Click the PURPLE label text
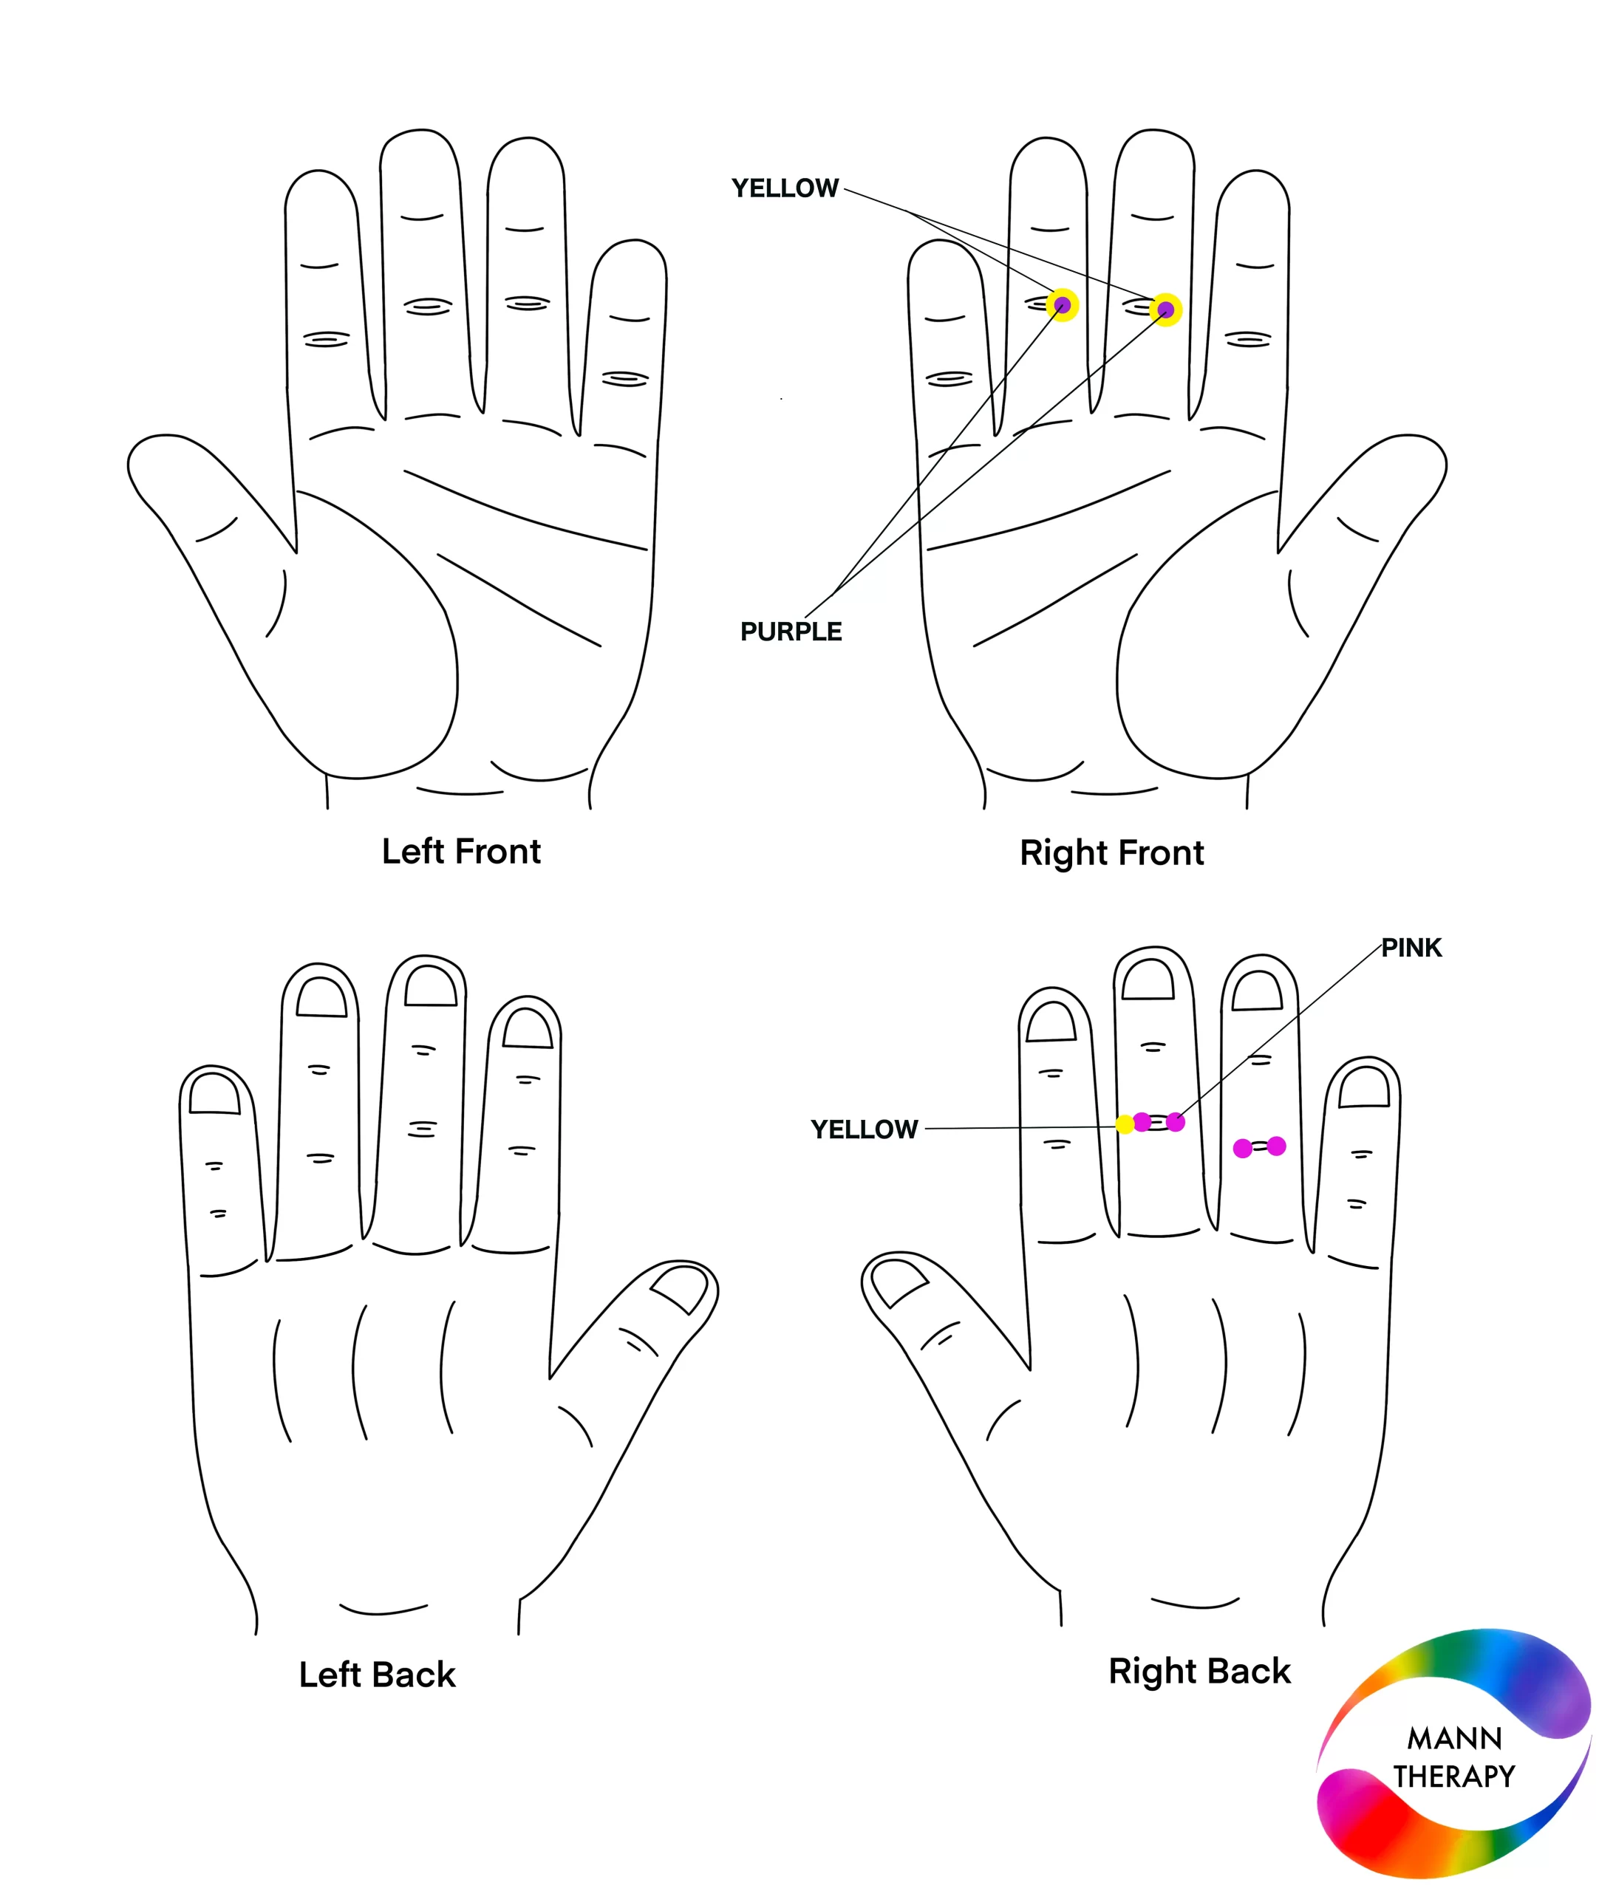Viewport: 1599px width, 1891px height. click(x=791, y=632)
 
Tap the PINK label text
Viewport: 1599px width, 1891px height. click(x=1411, y=948)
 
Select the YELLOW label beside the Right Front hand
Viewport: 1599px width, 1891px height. click(x=785, y=188)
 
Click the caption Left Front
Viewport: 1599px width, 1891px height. click(x=461, y=852)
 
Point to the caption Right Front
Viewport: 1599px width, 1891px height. click(x=1112, y=853)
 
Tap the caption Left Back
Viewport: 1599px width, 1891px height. click(x=377, y=1675)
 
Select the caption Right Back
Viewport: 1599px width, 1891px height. click(x=1199, y=1672)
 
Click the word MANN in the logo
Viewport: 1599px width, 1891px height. click(x=1455, y=1739)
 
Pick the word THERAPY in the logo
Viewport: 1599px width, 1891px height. click(x=1455, y=1777)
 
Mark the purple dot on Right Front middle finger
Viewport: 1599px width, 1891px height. click(x=1166, y=310)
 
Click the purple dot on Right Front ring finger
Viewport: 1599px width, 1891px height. click(x=1063, y=305)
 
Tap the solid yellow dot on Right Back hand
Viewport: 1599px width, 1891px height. click(x=1125, y=1124)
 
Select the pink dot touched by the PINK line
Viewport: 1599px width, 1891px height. click(x=1176, y=1123)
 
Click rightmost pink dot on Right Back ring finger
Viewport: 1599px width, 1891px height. click(x=1276, y=1146)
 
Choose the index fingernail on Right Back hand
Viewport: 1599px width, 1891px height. click(x=1051, y=1020)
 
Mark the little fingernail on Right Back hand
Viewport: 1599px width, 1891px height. click(x=1364, y=1087)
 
